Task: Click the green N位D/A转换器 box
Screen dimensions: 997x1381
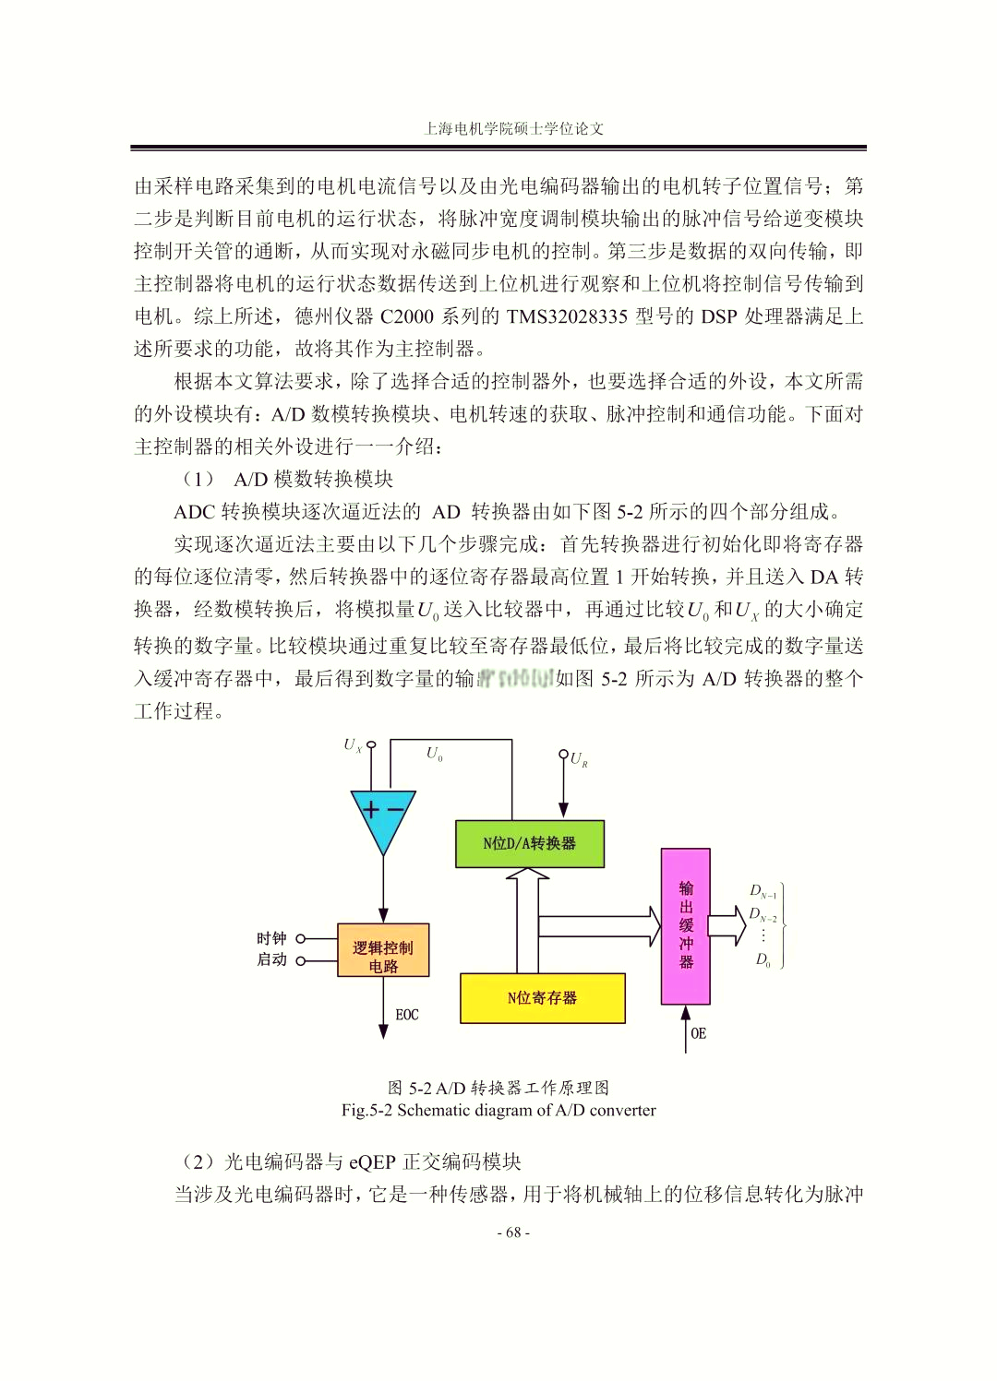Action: click(530, 843)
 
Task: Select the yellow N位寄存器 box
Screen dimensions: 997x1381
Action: click(543, 997)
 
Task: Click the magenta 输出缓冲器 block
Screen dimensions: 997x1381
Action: click(686, 925)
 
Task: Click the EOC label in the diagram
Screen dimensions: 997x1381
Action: click(407, 1015)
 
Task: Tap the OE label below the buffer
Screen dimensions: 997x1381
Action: click(699, 1033)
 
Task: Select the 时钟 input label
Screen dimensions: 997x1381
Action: click(271, 938)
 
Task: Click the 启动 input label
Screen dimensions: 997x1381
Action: click(271, 959)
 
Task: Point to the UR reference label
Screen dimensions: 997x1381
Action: click(579, 759)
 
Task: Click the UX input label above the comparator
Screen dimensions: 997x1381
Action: click(353, 745)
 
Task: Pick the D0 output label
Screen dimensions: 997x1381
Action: click(763, 959)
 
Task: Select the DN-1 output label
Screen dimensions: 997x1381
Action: click(763, 891)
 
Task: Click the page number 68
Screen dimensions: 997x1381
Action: click(513, 1232)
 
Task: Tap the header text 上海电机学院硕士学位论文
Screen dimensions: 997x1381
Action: click(513, 128)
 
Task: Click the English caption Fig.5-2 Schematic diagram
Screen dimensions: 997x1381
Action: click(498, 1110)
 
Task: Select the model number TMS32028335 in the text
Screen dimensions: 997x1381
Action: click(567, 316)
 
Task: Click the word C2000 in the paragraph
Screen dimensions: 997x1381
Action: click(407, 316)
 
